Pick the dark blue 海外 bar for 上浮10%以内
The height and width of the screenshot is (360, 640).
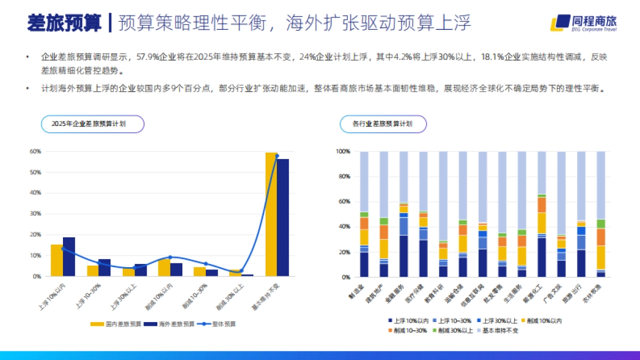(x=69, y=257)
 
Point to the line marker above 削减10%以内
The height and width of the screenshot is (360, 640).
(x=170, y=257)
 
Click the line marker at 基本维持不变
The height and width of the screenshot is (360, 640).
(x=277, y=156)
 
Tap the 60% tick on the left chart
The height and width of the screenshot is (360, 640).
(x=35, y=151)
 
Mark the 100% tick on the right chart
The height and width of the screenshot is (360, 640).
(x=343, y=151)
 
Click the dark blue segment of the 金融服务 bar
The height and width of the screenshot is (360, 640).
(x=404, y=256)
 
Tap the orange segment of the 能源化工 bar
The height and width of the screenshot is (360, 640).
(x=542, y=205)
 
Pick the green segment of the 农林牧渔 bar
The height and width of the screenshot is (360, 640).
(x=601, y=224)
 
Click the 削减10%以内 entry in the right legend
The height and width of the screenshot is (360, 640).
(x=541, y=321)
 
